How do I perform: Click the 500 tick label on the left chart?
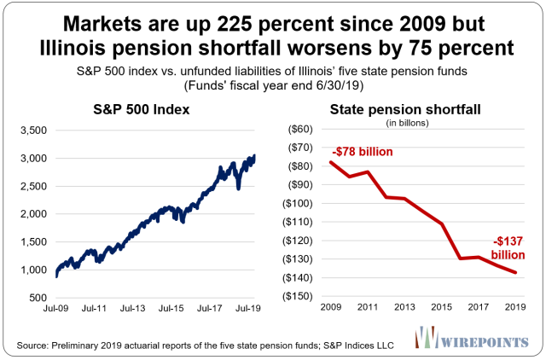(x=38, y=298)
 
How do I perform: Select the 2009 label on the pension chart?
(x=330, y=309)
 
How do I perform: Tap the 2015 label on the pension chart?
(x=440, y=309)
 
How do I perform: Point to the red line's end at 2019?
(x=516, y=273)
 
